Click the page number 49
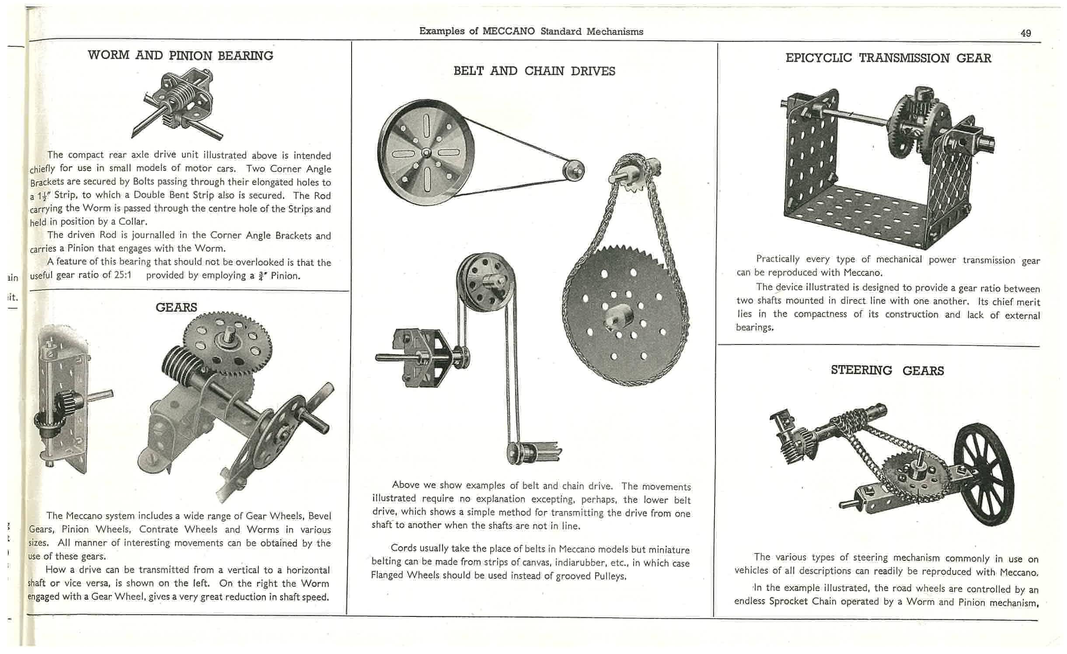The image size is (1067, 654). pyautogui.click(x=1025, y=33)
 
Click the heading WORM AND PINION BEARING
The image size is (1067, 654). pyautogui.click(x=180, y=56)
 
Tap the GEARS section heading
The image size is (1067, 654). pyautogui.click(x=176, y=307)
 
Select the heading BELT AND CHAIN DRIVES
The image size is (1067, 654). pyautogui.click(x=534, y=71)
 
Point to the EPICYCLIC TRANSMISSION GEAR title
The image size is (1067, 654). pyautogui.click(x=888, y=58)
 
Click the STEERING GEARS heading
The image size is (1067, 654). pyautogui.click(x=887, y=370)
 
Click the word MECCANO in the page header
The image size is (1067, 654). pyautogui.click(x=509, y=31)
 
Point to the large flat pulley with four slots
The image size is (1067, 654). pyautogui.click(x=423, y=152)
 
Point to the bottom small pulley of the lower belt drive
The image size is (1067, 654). pyautogui.click(x=517, y=452)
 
